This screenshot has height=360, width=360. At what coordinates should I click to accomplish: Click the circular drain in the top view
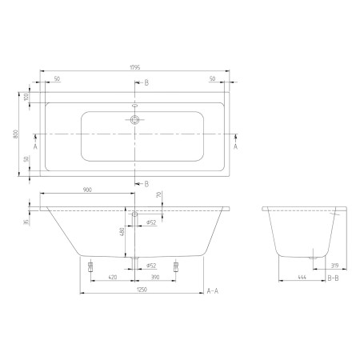(x=134, y=120)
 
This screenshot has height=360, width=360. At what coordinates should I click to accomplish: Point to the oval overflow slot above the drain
(x=134, y=105)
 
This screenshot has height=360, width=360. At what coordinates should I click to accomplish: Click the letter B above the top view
(x=146, y=82)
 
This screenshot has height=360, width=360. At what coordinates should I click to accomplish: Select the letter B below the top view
(x=146, y=183)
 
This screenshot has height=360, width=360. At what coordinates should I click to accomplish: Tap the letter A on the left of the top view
(x=36, y=146)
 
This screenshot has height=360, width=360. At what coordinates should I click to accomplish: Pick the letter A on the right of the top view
(x=235, y=146)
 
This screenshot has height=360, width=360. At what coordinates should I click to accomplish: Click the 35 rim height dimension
(x=26, y=222)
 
